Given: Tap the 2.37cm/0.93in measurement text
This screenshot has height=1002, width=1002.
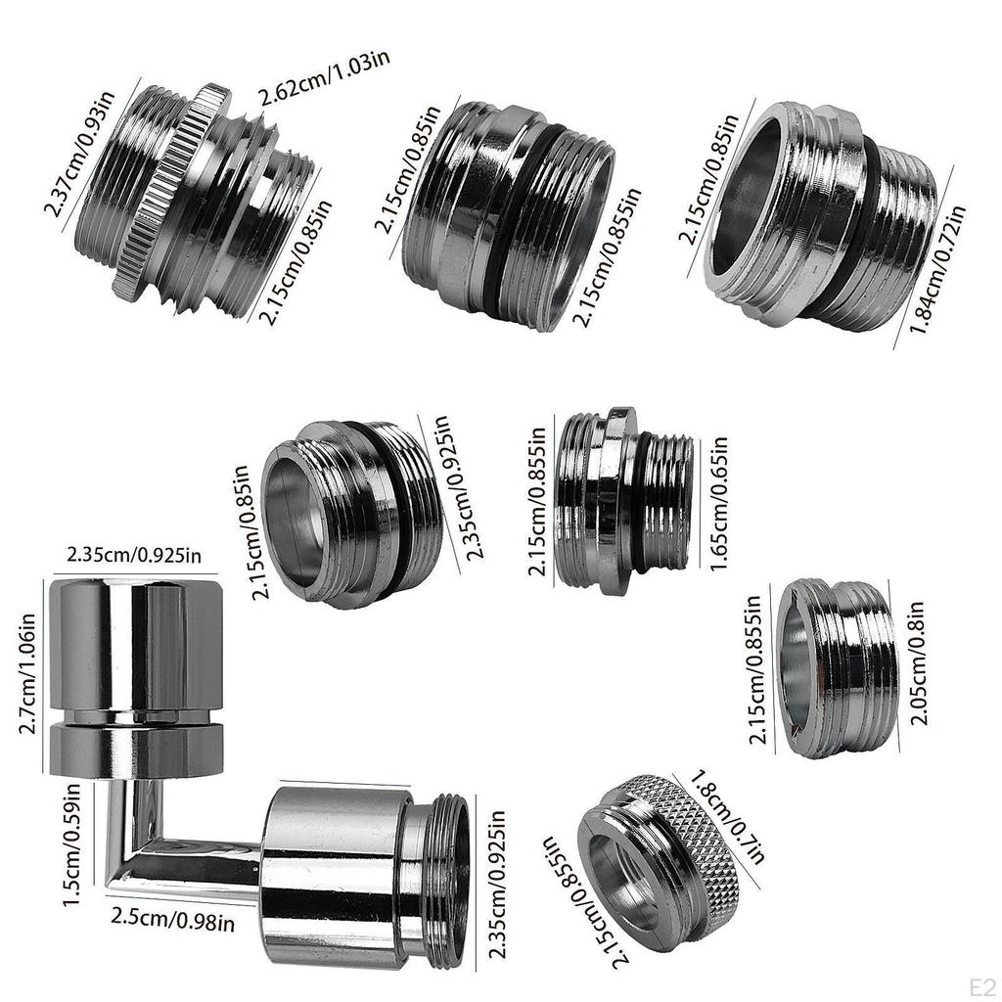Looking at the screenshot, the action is point(80,154).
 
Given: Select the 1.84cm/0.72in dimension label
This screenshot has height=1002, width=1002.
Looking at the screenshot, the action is point(936,269).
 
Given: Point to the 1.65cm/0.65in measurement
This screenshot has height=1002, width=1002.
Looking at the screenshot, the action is point(718,503).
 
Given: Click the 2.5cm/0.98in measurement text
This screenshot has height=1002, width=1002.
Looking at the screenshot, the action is point(172,919).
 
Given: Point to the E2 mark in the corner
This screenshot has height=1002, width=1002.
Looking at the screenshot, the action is point(982,986).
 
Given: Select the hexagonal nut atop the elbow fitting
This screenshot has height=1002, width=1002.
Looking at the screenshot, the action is point(136,677).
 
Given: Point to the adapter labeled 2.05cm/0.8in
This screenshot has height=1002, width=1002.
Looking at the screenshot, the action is point(837,667).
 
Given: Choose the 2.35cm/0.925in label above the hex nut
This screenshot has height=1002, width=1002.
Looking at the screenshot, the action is point(134,555).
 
